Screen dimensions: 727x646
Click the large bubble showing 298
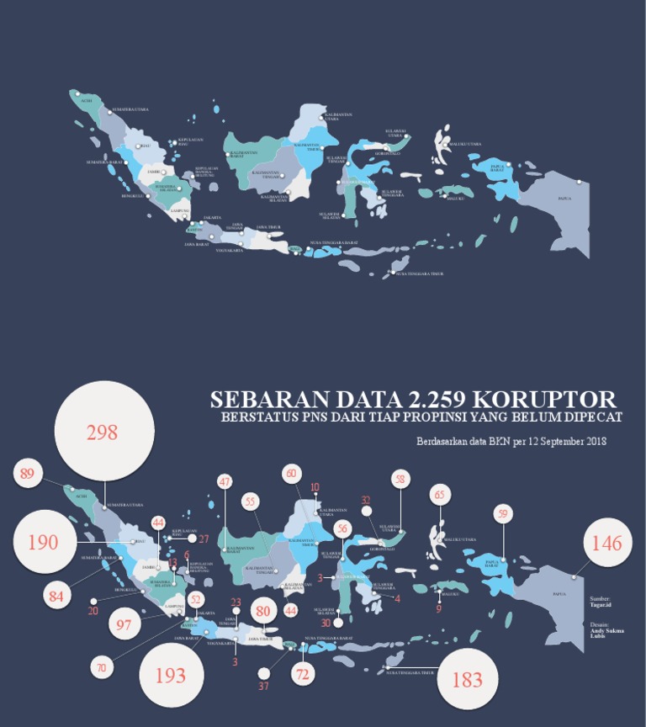(103, 432)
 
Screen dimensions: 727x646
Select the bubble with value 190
(44, 541)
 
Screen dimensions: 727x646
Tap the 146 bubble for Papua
(606, 543)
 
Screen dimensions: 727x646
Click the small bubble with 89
(28, 474)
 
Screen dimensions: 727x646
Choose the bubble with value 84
(56, 597)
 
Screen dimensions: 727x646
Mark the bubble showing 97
(124, 625)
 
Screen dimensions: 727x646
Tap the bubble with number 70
(102, 668)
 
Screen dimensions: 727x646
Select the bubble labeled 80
(263, 612)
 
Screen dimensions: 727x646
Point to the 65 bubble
(438, 495)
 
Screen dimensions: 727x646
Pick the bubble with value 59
(503, 513)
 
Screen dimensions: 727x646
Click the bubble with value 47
(225, 482)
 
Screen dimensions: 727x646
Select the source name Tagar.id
(600, 604)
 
